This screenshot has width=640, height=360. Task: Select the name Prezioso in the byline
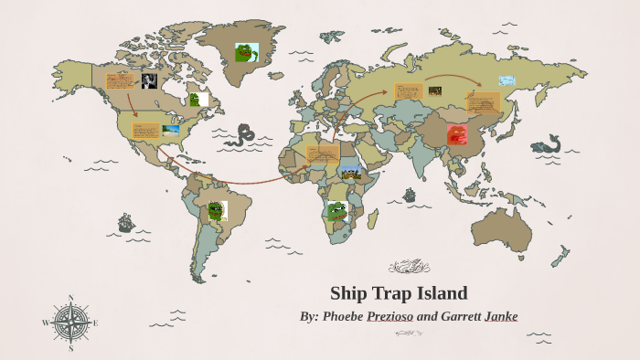390,316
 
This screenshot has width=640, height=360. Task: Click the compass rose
70,322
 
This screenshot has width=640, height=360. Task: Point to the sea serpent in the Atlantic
242,137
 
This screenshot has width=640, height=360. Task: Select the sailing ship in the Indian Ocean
409,195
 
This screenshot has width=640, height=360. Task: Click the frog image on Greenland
246,53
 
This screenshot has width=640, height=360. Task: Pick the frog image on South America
216,211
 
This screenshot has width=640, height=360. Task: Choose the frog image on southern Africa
336,211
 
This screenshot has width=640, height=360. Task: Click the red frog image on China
457,135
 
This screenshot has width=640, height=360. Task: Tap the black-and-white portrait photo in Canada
149,81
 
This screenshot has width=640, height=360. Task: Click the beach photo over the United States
171,130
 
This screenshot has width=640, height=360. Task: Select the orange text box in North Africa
321,154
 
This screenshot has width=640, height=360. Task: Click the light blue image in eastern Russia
507,80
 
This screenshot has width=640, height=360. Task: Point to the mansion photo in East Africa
351,172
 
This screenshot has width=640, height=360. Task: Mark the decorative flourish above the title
409,267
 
